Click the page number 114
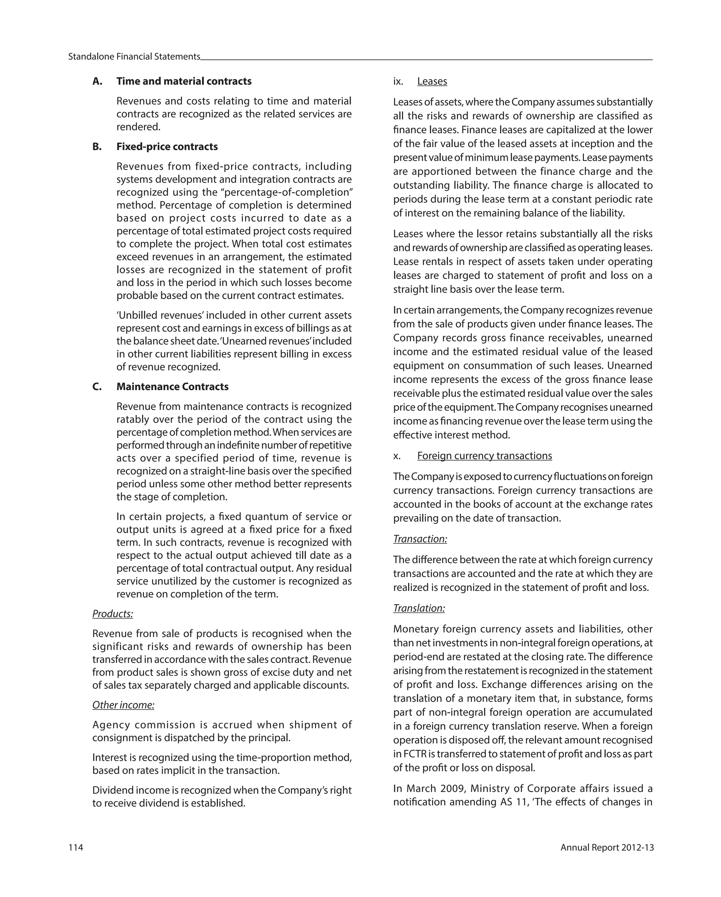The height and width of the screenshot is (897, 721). coord(76,847)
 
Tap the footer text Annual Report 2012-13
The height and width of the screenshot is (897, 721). coord(607,847)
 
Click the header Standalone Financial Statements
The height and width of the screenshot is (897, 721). coord(134,57)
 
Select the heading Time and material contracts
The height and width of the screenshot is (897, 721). coord(184,81)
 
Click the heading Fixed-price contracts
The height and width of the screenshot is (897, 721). coord(167,147)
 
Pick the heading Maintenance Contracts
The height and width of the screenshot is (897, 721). coord(172,386)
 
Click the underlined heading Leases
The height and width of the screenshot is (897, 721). coord(432,81)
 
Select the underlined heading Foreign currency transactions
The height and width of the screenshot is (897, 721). coord(484,456)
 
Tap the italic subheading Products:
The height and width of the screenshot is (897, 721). coord(113,614)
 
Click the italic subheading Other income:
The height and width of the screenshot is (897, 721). coord(123,705)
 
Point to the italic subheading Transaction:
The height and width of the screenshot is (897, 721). coord(420,539)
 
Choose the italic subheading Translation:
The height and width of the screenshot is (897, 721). coord(419,608)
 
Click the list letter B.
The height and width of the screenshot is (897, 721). coord(97,147)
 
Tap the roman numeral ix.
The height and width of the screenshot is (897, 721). coord(398,81)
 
